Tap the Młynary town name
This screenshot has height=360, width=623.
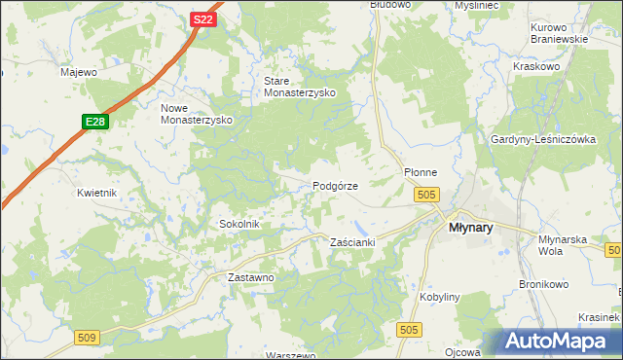click(x=470, y=227)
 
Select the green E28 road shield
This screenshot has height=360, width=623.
click(x=94, y=122)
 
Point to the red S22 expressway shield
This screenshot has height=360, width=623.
click(x=202, y=19)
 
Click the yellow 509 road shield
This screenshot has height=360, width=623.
click(x=87, y=337)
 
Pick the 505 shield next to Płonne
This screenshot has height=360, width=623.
click(x=425, y=196)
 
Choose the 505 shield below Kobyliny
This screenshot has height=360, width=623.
click(x=409, y=331)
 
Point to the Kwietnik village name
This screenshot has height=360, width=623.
click(x=97, y=193)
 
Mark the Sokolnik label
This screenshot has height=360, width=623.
click(x=238, y=224)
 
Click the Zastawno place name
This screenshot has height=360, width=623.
click(x=251, y=277)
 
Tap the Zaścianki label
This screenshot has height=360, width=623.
click(x=353, y=241)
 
